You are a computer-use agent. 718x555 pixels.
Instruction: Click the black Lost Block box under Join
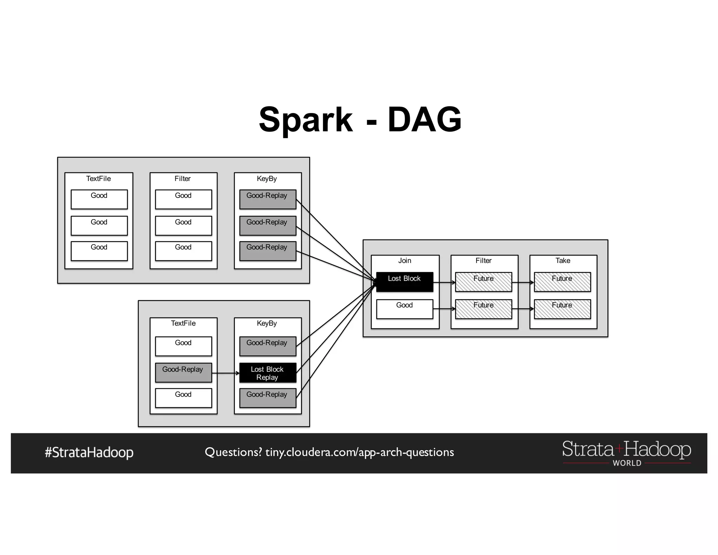[x=405, y=282]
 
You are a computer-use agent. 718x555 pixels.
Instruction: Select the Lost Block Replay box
[x=267, y=373]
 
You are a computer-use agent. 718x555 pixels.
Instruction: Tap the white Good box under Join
[x=405, y=309]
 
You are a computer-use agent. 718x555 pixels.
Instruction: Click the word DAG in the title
[x=424, y=120]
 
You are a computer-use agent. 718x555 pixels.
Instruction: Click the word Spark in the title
[x=305, y=120]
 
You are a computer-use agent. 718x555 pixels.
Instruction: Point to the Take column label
[x=563, y=261]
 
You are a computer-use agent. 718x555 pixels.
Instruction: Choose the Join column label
[x=405, y=261]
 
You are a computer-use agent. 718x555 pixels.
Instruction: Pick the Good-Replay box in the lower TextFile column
[x=183, y=372]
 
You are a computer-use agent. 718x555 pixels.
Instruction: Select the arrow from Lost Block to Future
[x=444, y=282]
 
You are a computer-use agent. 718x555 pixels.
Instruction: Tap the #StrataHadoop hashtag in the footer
[x=89, y=452]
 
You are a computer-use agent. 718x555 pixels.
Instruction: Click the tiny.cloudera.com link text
[x=359, y=452]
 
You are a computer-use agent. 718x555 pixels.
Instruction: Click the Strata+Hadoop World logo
[x=626, y=453]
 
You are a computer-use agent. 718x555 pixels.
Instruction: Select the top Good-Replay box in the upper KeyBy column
[x=267, y=199]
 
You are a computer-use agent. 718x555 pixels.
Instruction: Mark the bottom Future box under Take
[x=562, y=309]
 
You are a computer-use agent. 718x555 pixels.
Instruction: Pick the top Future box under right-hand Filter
[x=483, y=282]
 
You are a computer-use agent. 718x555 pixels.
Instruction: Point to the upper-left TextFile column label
[x=99, y=179]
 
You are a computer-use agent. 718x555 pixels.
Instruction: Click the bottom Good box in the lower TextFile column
[x=183, y=398]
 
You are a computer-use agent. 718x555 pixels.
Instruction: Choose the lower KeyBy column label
[x=267, y=323]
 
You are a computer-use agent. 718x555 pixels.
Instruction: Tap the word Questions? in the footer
[x=233, y=452]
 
